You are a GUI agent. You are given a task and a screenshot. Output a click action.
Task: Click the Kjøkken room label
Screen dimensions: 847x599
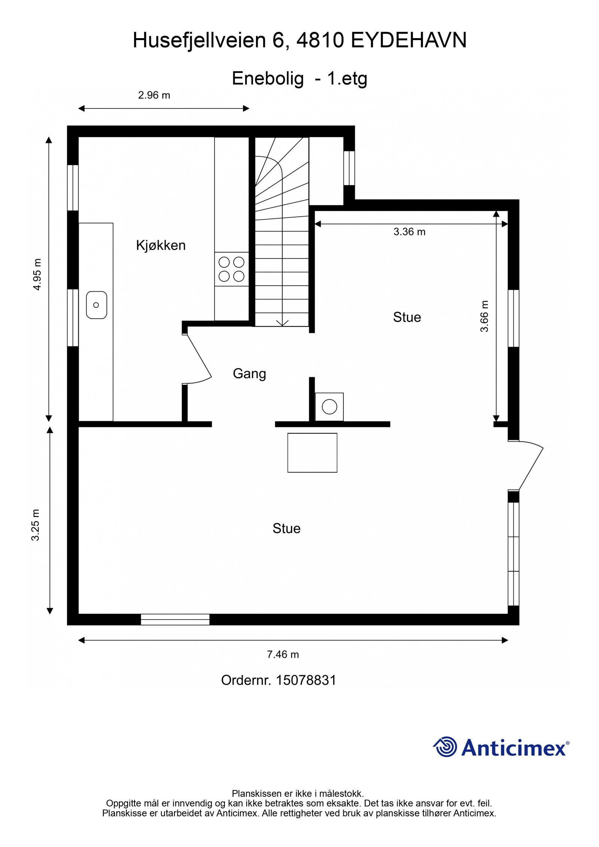(161, 245)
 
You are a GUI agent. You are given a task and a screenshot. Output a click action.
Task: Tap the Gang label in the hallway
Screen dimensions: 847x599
(249, 373)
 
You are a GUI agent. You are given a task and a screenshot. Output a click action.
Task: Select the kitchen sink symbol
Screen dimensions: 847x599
(96, 305)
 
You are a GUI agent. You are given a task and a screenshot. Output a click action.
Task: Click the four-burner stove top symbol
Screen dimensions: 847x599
(231, 269)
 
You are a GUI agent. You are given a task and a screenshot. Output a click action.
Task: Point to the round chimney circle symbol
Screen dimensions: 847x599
(329, 406)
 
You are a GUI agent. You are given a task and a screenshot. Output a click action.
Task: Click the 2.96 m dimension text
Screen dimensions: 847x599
(154, 95)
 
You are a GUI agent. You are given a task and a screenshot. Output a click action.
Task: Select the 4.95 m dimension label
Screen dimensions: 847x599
(37, 274)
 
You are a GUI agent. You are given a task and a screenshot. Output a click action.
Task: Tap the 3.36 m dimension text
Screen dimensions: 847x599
(409, 232)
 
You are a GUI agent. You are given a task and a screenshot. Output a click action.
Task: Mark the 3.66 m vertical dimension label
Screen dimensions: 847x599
(484, 316)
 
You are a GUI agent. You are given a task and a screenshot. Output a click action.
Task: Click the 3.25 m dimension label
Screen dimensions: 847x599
(36, 525)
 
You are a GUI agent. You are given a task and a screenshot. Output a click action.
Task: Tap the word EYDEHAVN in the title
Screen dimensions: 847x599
(408, 40)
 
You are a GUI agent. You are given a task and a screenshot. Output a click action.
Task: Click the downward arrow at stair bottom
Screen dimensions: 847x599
(282, 322)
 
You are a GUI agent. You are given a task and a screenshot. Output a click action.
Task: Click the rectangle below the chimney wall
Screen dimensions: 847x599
(312, 453)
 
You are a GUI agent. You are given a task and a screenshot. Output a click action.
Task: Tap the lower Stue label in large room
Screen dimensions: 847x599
(286, 528)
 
